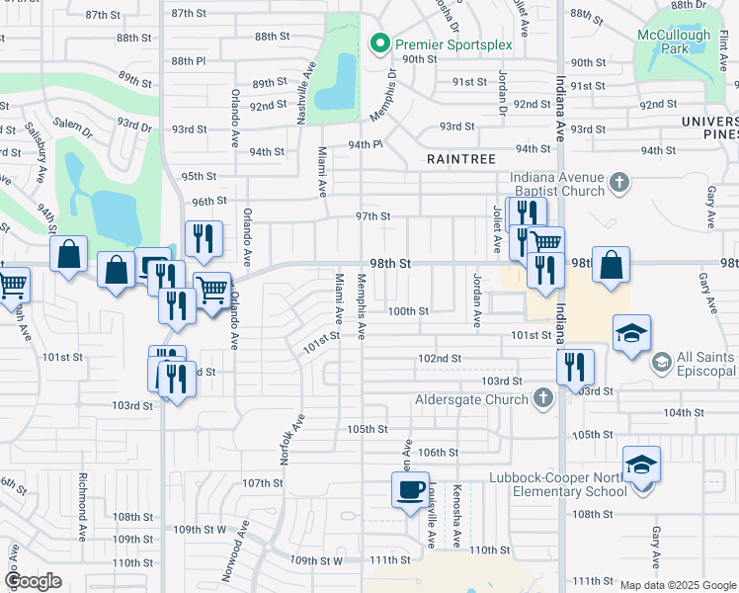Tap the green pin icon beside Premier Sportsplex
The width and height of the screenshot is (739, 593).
click(x=377, y=43)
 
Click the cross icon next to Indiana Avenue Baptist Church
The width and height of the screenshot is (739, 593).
click(x=619, y=182)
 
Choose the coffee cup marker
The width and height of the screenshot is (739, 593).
click(x=410, y=488)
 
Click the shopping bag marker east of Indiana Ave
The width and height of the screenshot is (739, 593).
click(x=612, y=264)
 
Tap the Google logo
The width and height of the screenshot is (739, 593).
click(x=34, y=581)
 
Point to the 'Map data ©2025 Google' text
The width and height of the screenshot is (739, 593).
click(x=678, y=585)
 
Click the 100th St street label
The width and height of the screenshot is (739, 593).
click(x=407, y=310)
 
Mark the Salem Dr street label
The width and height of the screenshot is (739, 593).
click(x=71, y=123)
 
